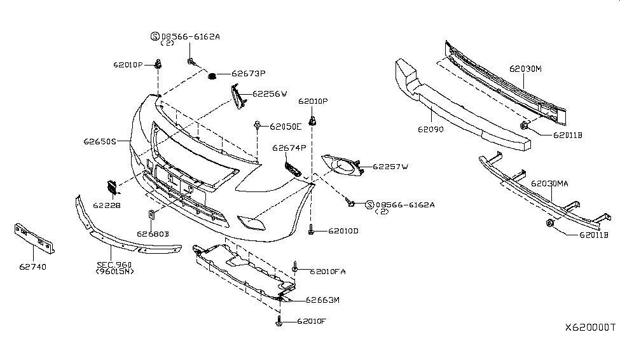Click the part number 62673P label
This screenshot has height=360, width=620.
pos(248,74)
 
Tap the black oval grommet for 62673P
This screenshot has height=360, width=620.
pos(212,76)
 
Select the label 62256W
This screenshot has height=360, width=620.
pos(270,93)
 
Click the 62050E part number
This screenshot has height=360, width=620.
pos(286,127)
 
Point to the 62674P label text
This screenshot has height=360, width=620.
pos(289,148)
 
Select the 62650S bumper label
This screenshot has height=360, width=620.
pos(100,141)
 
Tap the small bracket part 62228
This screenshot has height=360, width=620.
pos(113,187)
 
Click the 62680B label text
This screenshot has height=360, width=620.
pos(153,234)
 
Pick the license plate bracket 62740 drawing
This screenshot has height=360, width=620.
pos(34,238)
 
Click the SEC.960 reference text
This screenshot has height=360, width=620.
pos(114,264)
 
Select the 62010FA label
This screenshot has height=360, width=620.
pos(327,272)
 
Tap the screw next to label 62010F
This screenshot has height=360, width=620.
pos(279,321)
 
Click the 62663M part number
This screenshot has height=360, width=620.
pos(322,300)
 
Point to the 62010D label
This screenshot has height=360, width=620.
pos(343,231)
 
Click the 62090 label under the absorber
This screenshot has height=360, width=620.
pos(431,129)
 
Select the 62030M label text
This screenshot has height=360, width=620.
pos(525,69)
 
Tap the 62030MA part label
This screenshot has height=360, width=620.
pos(549,184)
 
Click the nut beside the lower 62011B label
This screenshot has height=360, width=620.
pos(549,223)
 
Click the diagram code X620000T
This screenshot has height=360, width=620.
pos(590,328)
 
